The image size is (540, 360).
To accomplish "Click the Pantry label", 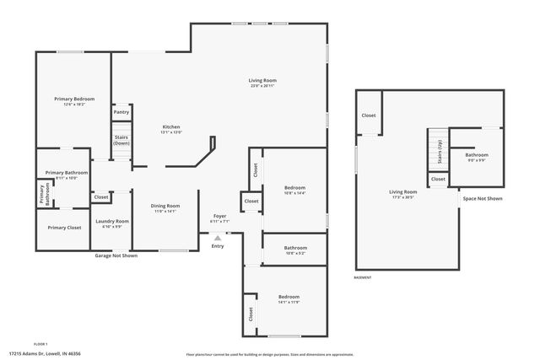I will tap(121, 112).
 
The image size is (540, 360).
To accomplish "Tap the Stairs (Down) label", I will tap(121, 141).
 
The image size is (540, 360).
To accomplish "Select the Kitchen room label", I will tap(172, 127).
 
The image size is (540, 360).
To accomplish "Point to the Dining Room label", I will tap(165, 207).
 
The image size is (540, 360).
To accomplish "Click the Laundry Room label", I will tap(112, 222).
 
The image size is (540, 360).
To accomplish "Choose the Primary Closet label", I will tap(64, 228).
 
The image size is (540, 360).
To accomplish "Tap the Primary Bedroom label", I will tap(74, 99).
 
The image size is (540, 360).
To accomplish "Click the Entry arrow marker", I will tap(218, 239).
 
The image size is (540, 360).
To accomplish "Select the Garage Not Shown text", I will tap(116, 254).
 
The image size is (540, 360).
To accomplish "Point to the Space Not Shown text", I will tap(483, 199).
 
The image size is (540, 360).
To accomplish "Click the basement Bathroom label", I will tap(477, 154).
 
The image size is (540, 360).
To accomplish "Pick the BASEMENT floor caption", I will tap(363, 277).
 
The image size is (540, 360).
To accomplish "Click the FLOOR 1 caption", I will tap(40, 344).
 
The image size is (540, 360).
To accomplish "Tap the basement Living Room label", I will tap(403, 192).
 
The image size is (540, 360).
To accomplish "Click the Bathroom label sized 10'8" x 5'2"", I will tap(295, 248).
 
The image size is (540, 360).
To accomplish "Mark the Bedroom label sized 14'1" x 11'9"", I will tap(289, 298).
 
